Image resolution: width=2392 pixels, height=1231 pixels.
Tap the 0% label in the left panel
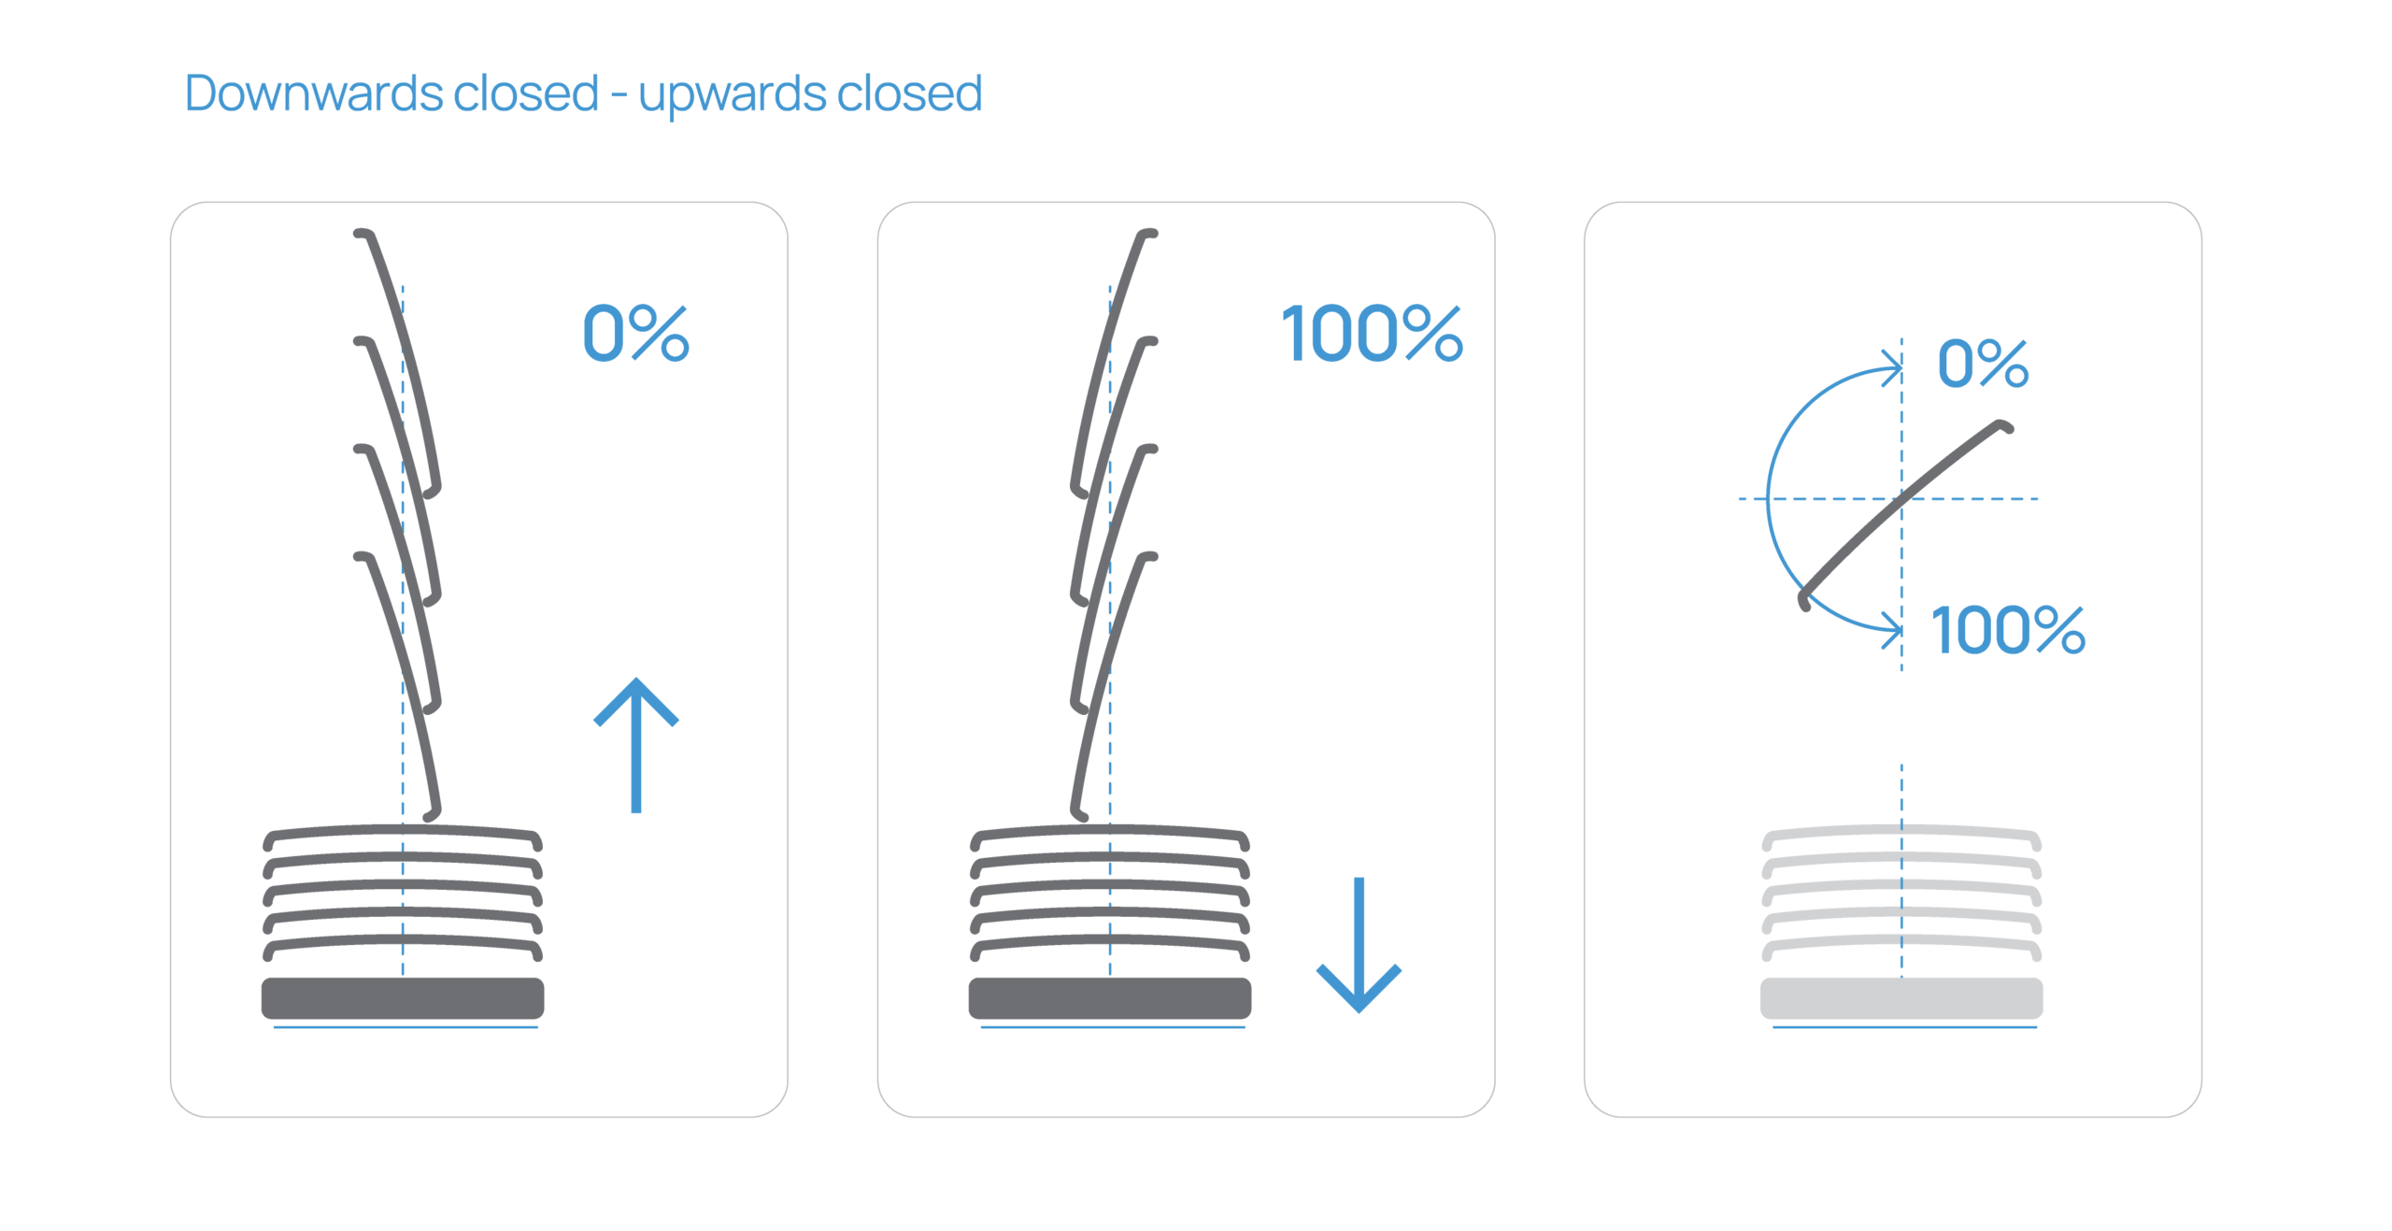635,334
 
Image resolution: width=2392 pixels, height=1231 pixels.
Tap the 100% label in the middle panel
1371,334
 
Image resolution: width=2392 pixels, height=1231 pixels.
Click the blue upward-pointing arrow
636,744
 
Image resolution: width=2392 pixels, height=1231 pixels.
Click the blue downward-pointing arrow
1359,944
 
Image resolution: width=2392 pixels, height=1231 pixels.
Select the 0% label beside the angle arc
1982,364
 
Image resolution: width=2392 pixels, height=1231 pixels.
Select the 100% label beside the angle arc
2007,630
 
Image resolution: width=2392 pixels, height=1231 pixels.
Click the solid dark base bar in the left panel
403,998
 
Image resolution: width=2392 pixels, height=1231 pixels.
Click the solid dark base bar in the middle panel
1109,998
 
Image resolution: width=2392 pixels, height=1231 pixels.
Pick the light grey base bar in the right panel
1901,998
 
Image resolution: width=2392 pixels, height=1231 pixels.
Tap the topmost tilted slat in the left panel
397,355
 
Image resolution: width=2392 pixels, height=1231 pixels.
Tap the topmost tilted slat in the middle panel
1113,355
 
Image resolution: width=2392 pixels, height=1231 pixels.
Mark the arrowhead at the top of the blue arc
1896,367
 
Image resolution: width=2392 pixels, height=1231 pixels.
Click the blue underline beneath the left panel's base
406,1027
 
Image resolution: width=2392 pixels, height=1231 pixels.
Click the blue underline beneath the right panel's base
1904,1027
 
